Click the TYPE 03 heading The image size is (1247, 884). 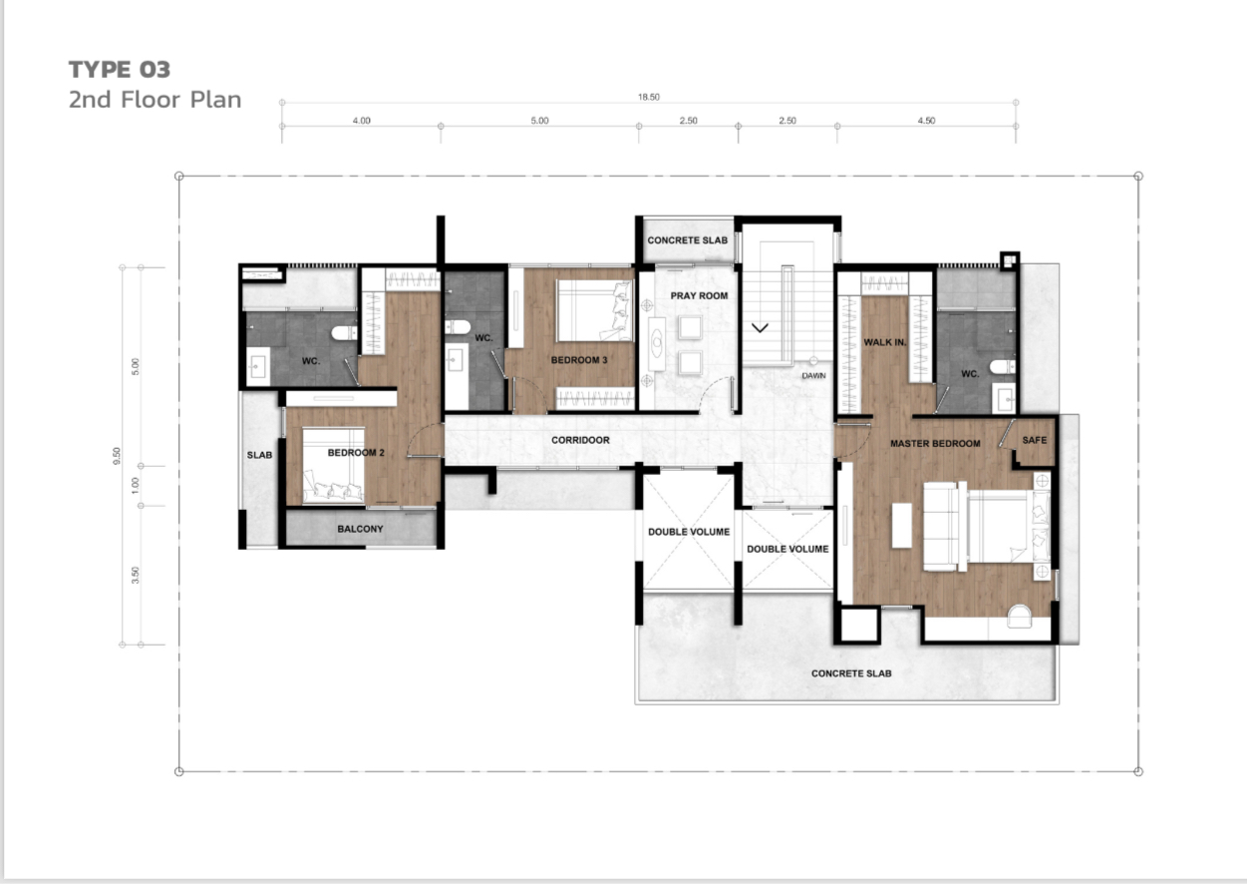(120, 70)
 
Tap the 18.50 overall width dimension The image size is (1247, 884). (649, 97)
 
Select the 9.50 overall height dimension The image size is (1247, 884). (117, 455)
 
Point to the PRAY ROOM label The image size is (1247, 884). (699, 296)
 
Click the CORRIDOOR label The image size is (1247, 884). (580, 440)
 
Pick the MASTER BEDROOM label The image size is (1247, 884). (935, 444)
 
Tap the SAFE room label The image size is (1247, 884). (1035, 440)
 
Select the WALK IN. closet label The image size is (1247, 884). (884, 342)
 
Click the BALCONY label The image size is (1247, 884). (360, 529)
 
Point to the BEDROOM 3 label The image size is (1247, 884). (579, 360)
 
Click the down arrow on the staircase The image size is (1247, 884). (760, 327)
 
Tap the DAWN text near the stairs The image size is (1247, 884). (813, 376)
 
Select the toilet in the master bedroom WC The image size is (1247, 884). (1003, 366)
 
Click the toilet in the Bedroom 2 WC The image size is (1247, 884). (344, 333)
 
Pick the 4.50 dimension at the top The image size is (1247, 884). (926, 121)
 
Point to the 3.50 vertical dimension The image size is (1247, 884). (136, 575)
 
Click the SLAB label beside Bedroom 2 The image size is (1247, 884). (259, 455)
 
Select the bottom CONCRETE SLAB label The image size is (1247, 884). (851, 673)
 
